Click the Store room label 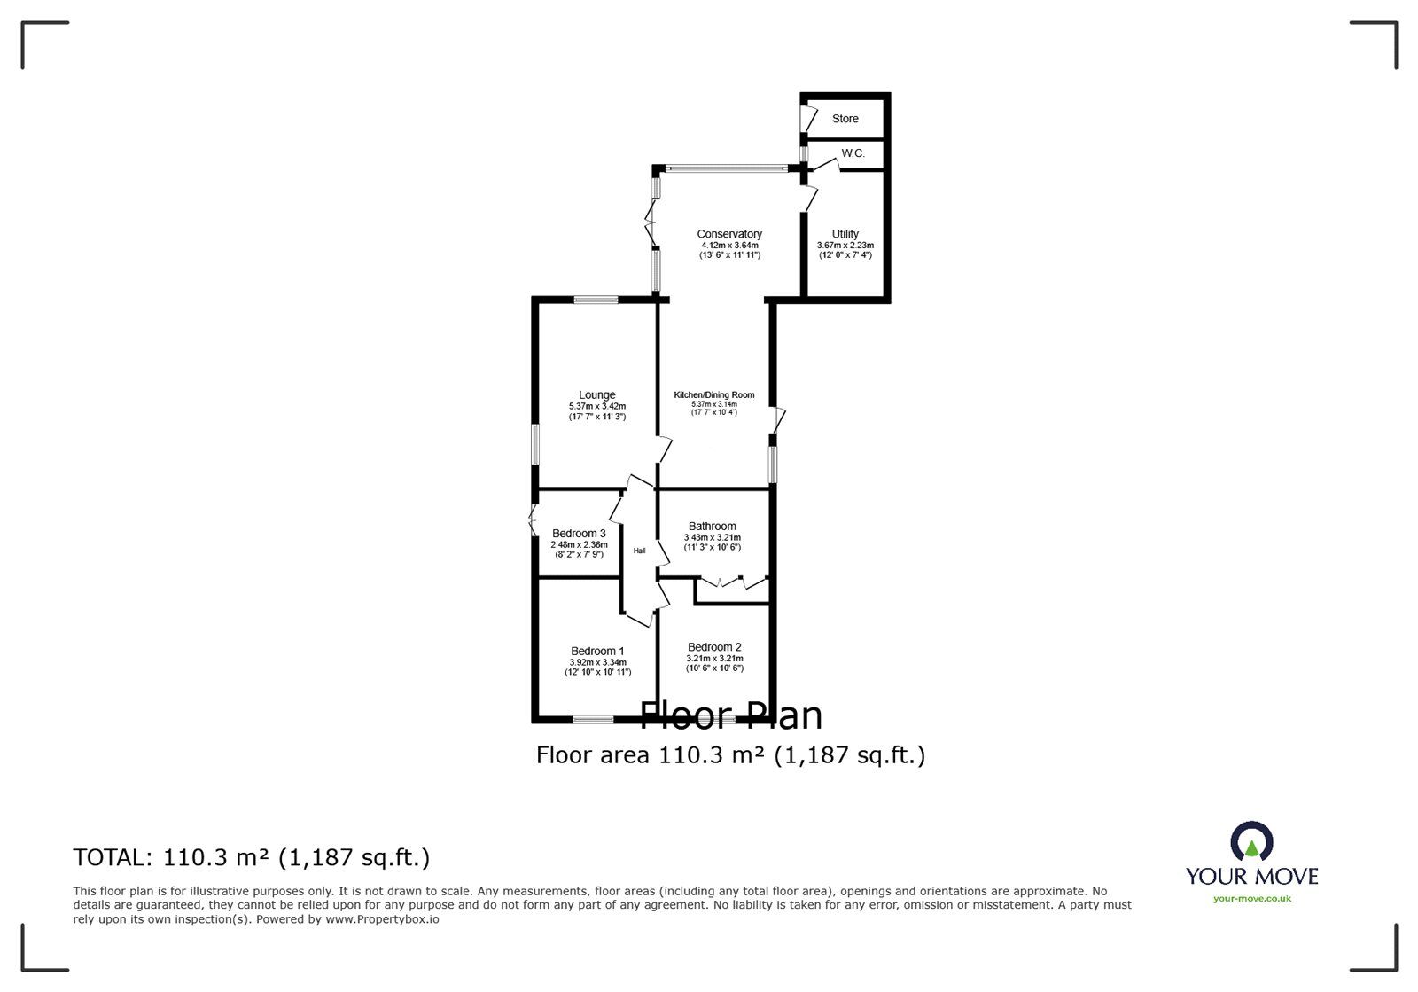tap(845, 119)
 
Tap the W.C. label tap(853, 153)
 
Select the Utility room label tap(845, 234)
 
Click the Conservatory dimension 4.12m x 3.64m tap(729, 246)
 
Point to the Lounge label tap(596, 395)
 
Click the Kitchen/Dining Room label tap(713, 395)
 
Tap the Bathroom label tap(712, 527)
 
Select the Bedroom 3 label tap(579, 534)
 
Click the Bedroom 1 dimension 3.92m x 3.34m tap(597, 662)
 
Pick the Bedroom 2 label tap(714, 647)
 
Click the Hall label tap(639, 551)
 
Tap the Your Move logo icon tap(1251, 843)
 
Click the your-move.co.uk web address tap(1251, 899)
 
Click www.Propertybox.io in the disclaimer tap(381, 919)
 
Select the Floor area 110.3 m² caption tap(730, 755)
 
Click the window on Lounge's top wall tap(596, 301)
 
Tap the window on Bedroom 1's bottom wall tap(594, 719)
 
